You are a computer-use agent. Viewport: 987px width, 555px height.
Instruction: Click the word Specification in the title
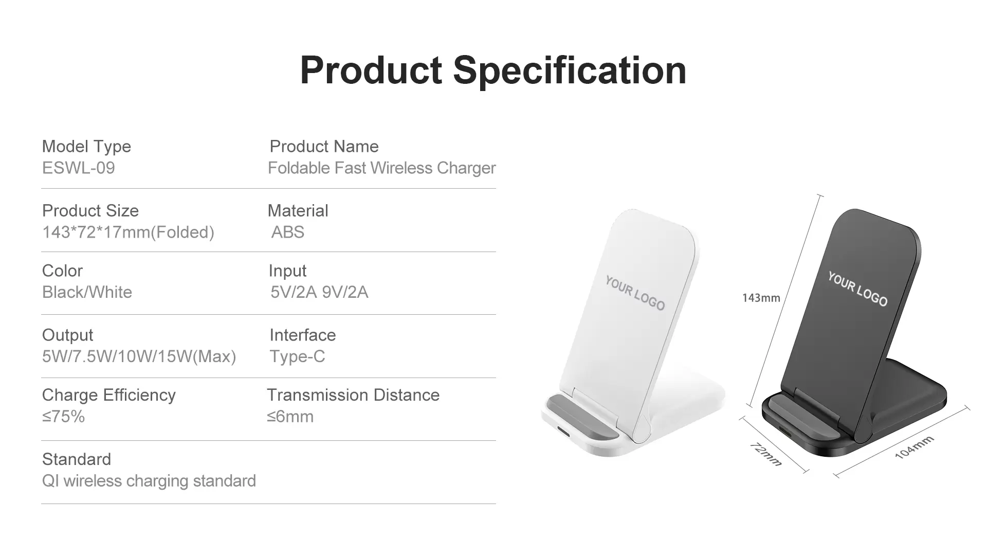570,71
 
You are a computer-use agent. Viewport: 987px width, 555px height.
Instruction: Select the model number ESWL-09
79,168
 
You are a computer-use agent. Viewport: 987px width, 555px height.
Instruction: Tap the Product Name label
324,147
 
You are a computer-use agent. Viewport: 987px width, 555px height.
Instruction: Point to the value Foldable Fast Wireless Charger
382,168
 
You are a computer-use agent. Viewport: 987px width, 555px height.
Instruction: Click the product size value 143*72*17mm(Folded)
128,232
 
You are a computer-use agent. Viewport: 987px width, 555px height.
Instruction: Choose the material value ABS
288,232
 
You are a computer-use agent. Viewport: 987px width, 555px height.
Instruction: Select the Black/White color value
87,292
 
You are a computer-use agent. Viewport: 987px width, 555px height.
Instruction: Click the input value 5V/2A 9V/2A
319,292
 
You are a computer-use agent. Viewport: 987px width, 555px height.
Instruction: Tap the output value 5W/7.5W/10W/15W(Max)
139,356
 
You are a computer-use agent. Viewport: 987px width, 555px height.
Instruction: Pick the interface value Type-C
297,356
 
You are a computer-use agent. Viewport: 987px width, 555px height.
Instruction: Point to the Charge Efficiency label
108,395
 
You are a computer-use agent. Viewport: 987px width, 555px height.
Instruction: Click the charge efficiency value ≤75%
63,417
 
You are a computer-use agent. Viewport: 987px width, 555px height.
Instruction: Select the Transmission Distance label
353,395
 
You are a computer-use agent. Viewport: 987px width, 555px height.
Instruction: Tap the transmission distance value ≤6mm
290,417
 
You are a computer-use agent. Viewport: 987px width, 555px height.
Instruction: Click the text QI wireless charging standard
149,481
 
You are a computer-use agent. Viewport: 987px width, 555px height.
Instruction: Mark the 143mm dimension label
761,298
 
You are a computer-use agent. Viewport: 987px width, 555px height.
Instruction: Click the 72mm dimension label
766,454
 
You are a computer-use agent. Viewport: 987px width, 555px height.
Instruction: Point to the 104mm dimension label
915,447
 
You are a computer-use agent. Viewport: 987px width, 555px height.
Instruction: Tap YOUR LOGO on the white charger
635,293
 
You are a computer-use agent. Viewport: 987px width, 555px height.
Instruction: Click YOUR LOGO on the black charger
857,289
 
